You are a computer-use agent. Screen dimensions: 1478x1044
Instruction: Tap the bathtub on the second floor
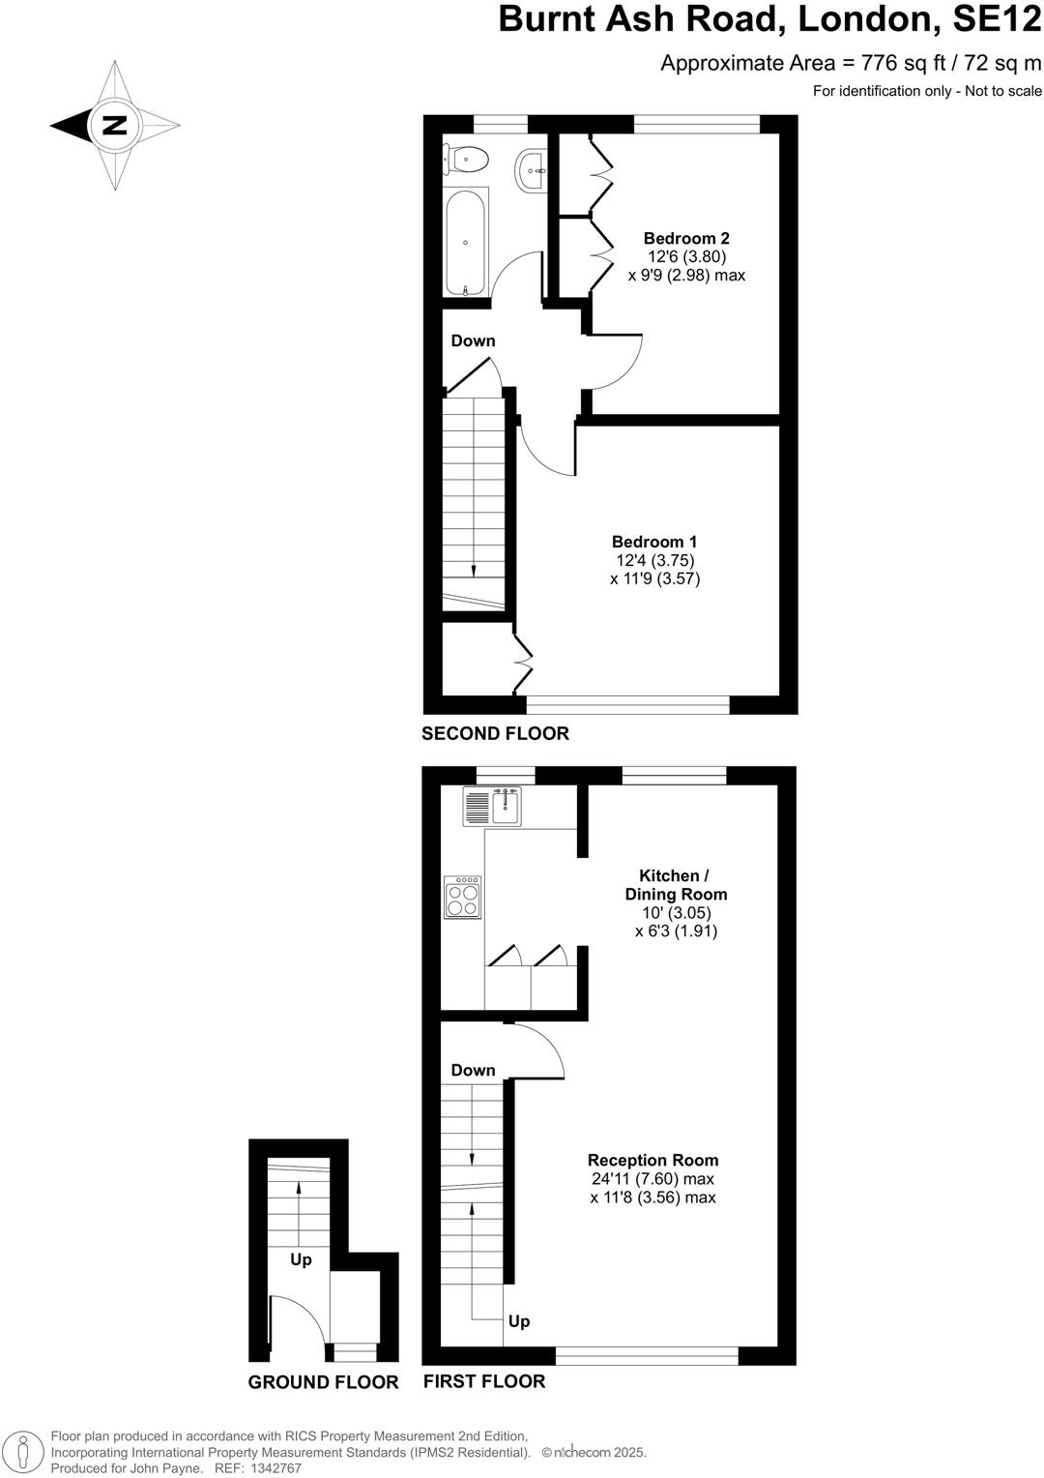466,242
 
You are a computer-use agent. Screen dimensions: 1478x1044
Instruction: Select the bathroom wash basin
531,169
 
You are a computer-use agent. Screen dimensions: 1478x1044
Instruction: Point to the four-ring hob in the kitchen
462,897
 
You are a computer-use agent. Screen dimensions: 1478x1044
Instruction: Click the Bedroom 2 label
686,239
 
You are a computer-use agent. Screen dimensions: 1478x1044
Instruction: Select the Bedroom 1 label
654,543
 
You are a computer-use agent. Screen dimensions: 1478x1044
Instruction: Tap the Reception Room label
653,1160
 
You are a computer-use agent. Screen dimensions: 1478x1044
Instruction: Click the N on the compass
115,125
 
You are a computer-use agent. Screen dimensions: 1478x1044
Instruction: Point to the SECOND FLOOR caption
495,733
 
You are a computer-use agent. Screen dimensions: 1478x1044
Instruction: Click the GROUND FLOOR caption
323,1382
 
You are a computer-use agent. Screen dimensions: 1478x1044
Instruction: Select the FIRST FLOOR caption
483,1381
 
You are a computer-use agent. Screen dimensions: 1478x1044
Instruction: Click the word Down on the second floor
473,340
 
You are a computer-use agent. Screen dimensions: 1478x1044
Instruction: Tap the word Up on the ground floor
301,1259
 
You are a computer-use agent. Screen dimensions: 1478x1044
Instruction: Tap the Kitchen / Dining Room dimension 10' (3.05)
676,912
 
